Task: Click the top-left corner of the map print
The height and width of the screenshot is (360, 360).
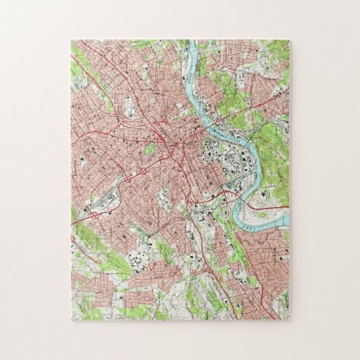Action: (71, 39)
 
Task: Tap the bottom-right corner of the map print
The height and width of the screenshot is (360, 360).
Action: (289, 320)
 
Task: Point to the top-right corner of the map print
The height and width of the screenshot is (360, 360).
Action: (289, 39)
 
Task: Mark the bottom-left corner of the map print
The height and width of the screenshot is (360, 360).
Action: (71, 320)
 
